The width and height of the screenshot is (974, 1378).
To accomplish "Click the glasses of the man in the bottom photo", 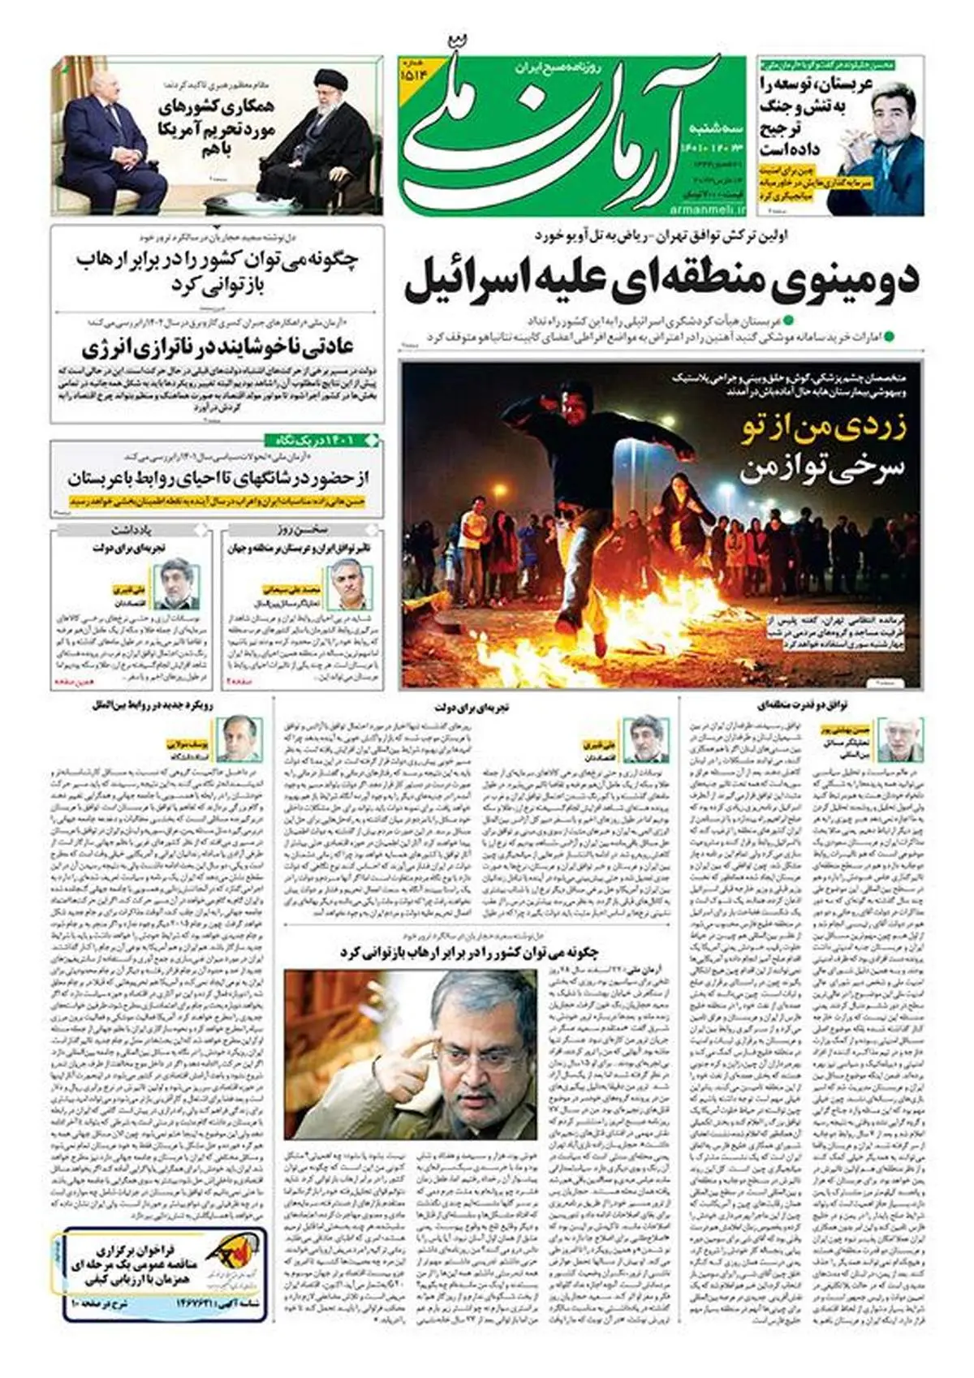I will tap(479, 1055).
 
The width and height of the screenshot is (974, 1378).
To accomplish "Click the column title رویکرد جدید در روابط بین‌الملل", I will tap(153, 706).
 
